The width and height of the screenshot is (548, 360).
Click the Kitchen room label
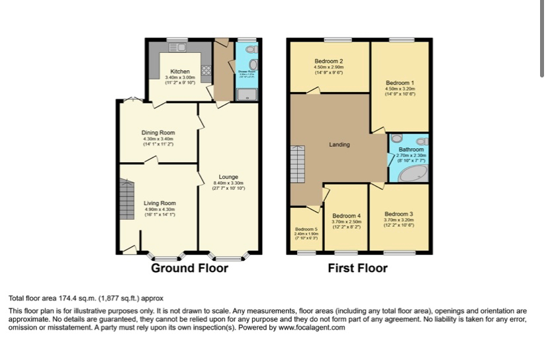[180, 71]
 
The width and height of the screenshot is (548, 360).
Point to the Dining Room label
[158, 133]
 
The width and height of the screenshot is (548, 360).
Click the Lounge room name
[228, 177]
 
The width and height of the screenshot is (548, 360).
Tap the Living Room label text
[160, 203]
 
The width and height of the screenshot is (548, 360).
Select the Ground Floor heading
[189, 268]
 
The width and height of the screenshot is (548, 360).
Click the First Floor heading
[357, 268]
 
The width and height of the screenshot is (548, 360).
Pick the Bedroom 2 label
[328, 62]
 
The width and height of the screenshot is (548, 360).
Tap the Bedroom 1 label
[400, 83]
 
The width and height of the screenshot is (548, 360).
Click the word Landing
[340, 145]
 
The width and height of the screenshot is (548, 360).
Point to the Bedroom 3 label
[398, 214]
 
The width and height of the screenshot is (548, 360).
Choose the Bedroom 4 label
[346, 216]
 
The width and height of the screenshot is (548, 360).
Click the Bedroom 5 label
[306, 229]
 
